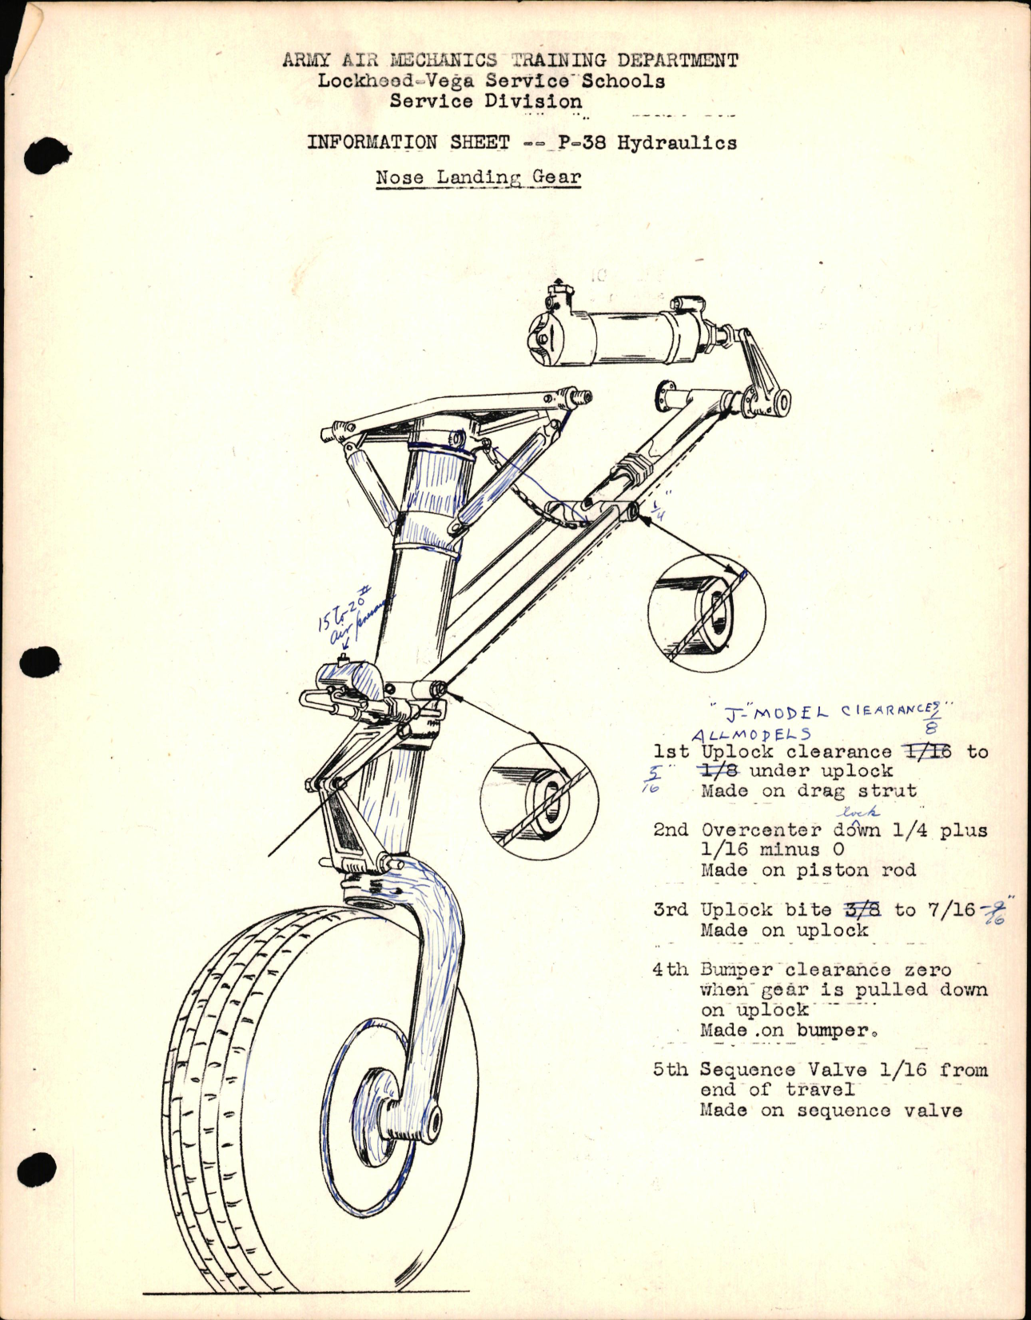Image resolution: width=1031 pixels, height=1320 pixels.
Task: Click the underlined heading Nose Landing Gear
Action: click(478, 177)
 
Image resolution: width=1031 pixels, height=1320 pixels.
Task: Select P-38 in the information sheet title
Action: click(582, 142)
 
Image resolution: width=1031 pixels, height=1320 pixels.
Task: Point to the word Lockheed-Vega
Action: click(395, 81)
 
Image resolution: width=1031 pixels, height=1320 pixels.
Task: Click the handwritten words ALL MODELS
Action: click(750, 734)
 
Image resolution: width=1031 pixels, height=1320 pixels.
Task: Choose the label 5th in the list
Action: click(670, 1070)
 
